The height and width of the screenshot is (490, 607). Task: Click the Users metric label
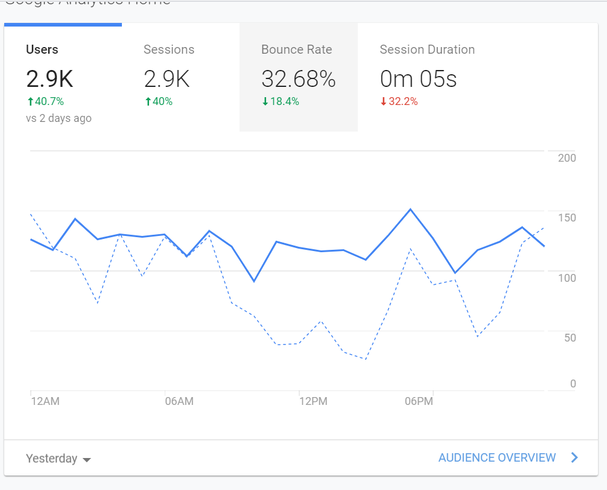pyautogui.click(x=42, y=49)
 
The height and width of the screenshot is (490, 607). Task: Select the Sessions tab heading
pyautogui.click(x=169, y=49)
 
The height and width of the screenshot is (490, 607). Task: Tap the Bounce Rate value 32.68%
pyautogui.click(x=298, y=78)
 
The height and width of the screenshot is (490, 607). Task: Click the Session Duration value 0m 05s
pyautogui.click(x=418, y=78)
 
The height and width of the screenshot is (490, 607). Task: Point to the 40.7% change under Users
pyautogui.click(x=45, y=101)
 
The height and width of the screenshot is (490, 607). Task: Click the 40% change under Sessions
pyautogui.click(x=159, y=101)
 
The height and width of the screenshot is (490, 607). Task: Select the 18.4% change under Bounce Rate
pyautogui.click(x=281, y=101)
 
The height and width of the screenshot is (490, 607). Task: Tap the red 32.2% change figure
pyautogui.click(x=399, y=101)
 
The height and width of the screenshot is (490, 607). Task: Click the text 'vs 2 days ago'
pyautogui.click(x=59, y=118)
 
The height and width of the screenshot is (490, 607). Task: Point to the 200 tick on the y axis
pyautogui.click(x=567, y=158)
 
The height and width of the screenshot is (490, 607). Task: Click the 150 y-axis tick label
pyautogui.click(x=567, y=218)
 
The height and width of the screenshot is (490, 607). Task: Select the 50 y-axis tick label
pyautogui.click(x=570, y=337)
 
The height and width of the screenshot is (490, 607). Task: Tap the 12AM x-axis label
pyautogui.click(x=45, y=401)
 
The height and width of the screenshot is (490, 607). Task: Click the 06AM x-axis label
pyautogui.click(x=179, y=401)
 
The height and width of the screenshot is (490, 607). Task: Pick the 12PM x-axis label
pyautogui.click(x=313, y=401)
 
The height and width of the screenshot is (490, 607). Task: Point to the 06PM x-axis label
pyautogui.click(x=419, y=401)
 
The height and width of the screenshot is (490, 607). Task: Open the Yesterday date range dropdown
pyautogui.click(x=58, y=459)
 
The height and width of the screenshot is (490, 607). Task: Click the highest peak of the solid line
pyautogui.click(x=410, y=209)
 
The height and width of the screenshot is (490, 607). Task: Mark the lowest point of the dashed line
pyautogui.click(x=365, y=359)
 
